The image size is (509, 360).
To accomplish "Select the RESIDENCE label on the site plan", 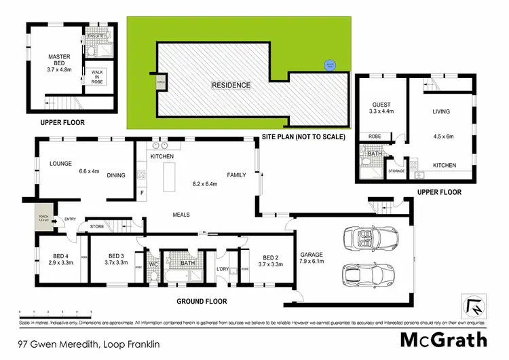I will tap(231, 85).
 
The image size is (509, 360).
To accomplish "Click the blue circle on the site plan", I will tap(329, 65).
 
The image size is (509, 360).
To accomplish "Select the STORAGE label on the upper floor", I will tap(396, 171).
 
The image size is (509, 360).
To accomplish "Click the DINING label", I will tap(116, 175).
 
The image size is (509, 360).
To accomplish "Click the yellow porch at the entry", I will tap(44, 217).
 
